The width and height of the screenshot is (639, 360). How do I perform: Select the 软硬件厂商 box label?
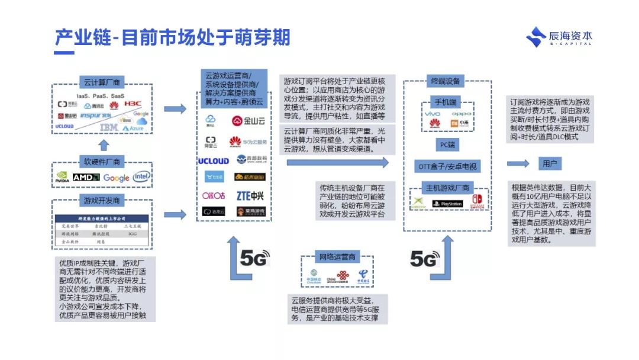102,161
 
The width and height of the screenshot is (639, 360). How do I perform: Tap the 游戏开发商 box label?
102,200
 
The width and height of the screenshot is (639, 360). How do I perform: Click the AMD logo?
86,177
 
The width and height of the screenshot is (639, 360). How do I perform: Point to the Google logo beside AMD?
116,178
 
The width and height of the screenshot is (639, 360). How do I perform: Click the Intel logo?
141,177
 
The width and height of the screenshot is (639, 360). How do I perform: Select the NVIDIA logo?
62,177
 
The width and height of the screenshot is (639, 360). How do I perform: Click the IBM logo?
108,127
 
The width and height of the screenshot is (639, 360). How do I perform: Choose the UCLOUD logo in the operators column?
213,160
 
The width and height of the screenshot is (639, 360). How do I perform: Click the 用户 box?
551,163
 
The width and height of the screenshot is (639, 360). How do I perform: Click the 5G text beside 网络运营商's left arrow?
254,259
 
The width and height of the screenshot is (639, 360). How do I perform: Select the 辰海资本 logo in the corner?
559,37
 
